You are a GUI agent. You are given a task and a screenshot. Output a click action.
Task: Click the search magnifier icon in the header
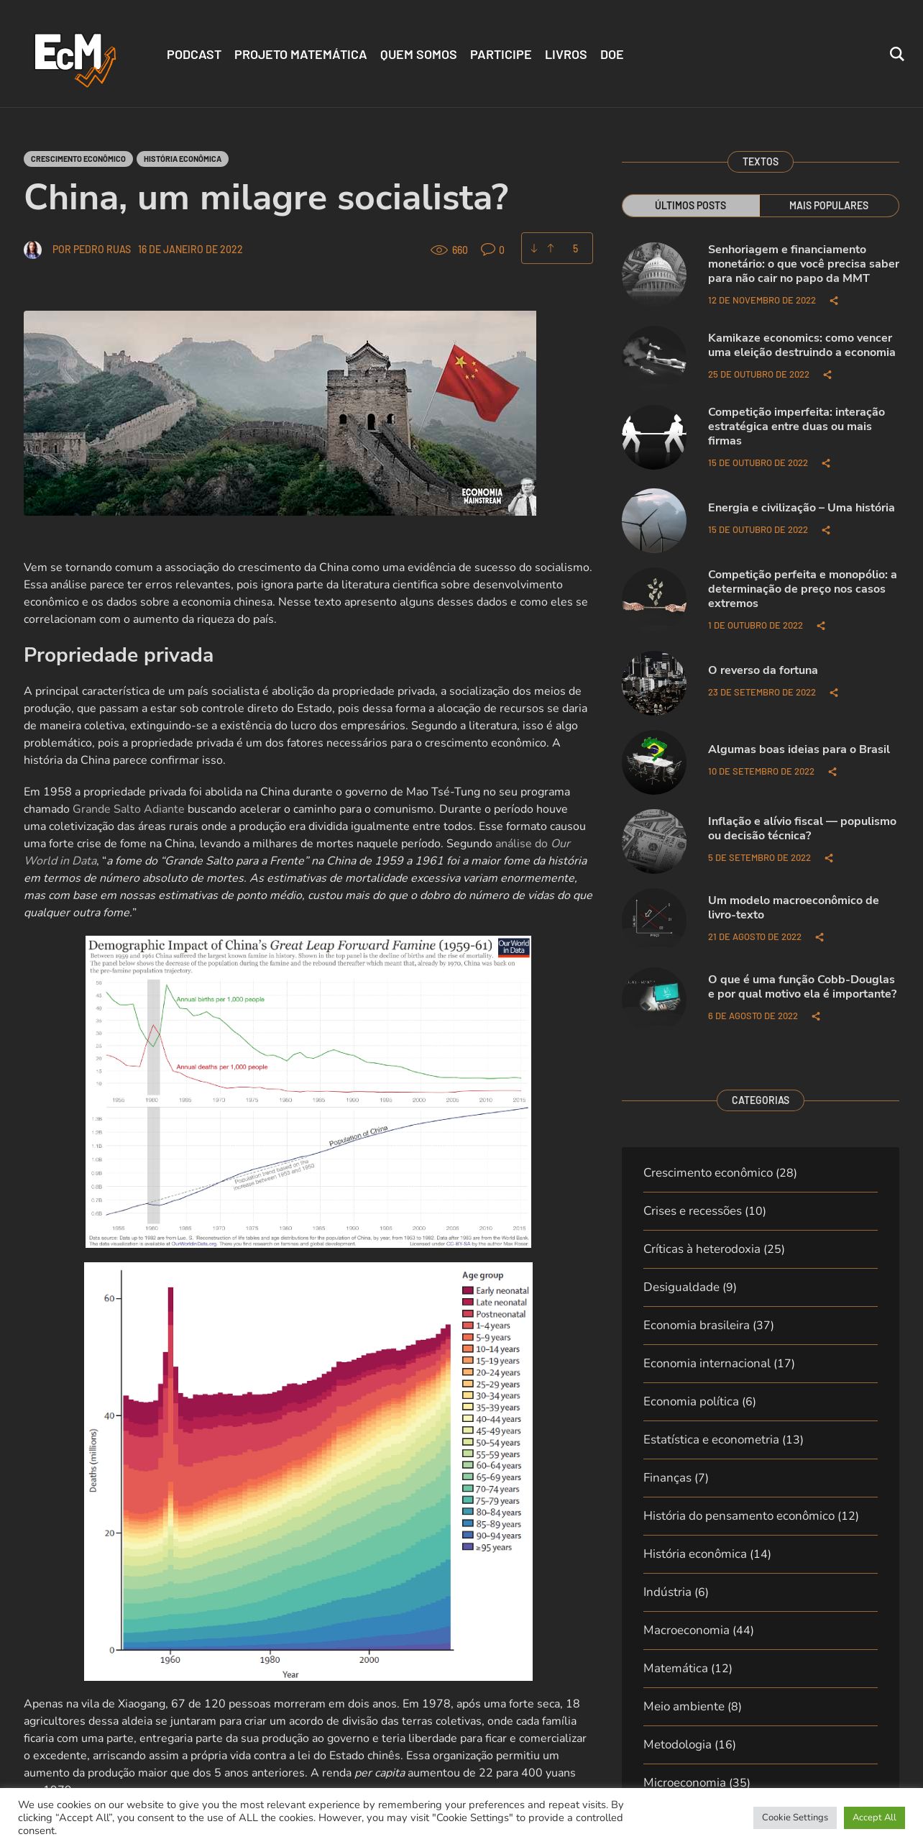pyautogui.click(x=896, y=54)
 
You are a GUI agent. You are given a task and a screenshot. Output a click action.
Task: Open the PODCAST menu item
pyautogui.click(x=194, y=55)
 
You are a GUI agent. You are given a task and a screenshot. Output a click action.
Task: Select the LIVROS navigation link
pyautogui.click(x=566, y=55)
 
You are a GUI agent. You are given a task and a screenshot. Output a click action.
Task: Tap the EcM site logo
pyautogui.click(x=75, y=58)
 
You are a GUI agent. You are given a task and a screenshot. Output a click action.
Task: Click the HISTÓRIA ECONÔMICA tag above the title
pyautogui.click(x=183, y=159)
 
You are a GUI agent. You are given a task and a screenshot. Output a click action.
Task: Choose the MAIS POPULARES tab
pyautogui.click(x=828, y=206)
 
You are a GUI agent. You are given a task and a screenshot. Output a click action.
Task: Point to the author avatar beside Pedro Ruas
pyautogui.click(x=32, y=250)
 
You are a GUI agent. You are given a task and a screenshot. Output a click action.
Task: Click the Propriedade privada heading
pyautogui.click(x=119, y=655)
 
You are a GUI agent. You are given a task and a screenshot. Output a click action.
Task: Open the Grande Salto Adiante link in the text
pyautogui.click(x=128, y=809)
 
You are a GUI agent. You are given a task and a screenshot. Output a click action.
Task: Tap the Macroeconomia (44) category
pyautogui.click(x=698, y=1630)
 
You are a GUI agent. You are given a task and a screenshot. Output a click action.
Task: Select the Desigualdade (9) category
pyautogui.click(x=689, y=1287)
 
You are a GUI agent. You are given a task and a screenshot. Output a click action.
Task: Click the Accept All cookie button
pyautogui.click(x=874, y=1817)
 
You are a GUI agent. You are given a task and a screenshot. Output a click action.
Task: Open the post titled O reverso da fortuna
pyautogui.click(x=763, y=670)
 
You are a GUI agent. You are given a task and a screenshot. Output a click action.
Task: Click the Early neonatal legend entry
pyautogui.click(x=501, y=1290)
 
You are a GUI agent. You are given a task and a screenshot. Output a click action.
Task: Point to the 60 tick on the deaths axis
pyautogui.click(x=109, y=1298)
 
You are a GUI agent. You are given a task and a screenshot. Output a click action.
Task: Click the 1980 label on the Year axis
pyautogui.click(x=270, y=1659)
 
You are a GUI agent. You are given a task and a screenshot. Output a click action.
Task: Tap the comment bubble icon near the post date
pyautogui.click(x=487, y=250)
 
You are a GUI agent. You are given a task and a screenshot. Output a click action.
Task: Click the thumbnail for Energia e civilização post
pyautogui.click(x=654, y=521)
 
